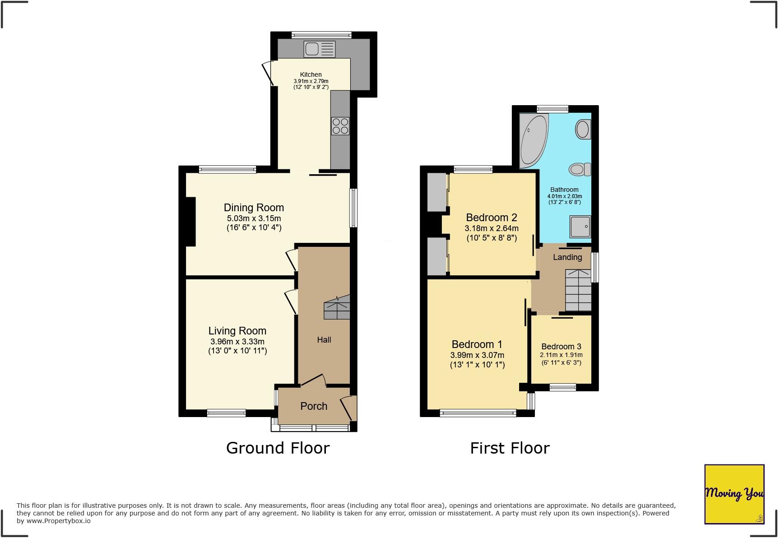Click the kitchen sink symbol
click(320, 49)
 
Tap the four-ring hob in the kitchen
click(340, 125)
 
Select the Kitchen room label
click(311, 74)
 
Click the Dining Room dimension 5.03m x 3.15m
click(254, 218)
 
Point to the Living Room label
click(237, 331)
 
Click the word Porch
click(314, 406)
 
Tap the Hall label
click(324, 340)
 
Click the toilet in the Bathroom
click(580, 169)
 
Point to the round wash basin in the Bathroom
click(583, 130)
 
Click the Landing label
click(567, 257)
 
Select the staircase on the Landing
click(578, 290)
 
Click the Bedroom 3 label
click(561, 347)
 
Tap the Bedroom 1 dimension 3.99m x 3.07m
click(477, 355)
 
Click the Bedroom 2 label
click(491, 218)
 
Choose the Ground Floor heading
click(278, 448)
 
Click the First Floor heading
click(510, 448)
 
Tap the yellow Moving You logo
click(734, 494)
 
